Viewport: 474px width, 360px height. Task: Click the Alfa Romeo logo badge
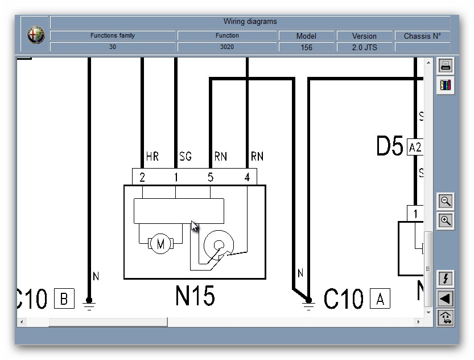click(35, 35)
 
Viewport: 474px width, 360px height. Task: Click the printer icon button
click(446, 66)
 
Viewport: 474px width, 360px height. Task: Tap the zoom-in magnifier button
click(446, 220)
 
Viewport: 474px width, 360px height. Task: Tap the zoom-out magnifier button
click(446, 201)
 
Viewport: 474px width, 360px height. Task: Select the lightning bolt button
click(446, 279)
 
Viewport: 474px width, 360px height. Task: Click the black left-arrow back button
click(446, 298)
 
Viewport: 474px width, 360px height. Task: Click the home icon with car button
click(446, 317)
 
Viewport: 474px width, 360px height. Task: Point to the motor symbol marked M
click(160, 244)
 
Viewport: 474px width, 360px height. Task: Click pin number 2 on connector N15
click(142, 177)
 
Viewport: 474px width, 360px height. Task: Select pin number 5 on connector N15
click(211, 177)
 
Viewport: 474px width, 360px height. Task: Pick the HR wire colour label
click(152, 156)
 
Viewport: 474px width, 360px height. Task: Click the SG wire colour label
click(186, 156)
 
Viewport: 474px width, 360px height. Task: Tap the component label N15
click(195, 296)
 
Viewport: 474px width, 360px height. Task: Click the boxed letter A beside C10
click(380, 298)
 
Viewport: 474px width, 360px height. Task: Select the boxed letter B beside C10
click(64, 298)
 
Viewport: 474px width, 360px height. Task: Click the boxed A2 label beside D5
click(415, 148)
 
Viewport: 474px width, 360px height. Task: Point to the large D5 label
click(390, 146)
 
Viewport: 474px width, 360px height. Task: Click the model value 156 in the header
click(306, 47)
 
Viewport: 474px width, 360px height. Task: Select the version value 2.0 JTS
click(364, 47)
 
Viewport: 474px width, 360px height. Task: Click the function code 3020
click(227, 47)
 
